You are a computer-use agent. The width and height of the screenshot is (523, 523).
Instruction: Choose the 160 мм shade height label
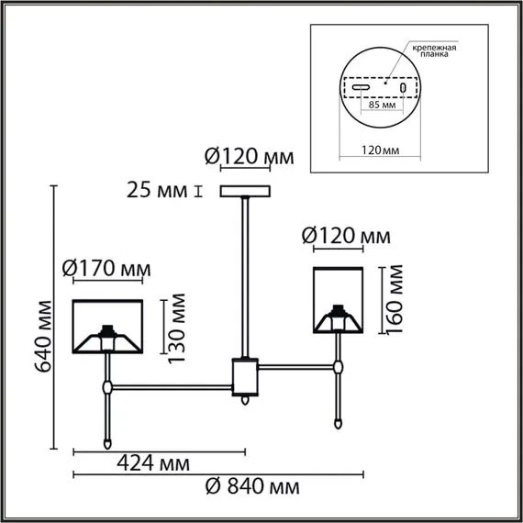pyautogui.click(x=392, y=298)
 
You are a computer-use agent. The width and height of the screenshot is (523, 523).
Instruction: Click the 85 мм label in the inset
pyautogui.click(x=381, y=104)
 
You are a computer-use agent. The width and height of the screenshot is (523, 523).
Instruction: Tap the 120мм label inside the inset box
pyautogui.click(x=381, y=148)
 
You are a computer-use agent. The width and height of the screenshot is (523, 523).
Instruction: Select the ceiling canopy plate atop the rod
pyautogui.click(x=247, y=191)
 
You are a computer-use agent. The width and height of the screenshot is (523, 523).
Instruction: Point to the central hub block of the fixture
pyautogui.click(x=245, y=375)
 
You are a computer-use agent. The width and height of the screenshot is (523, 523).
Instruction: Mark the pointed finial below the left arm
pyautogui.click(x=109, y=441)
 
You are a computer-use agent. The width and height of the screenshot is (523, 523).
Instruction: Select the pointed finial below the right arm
pyautogui.click(x=340, y=425)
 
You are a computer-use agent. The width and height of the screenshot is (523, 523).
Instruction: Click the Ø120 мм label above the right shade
pyautogui.click(x=346, y=237)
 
